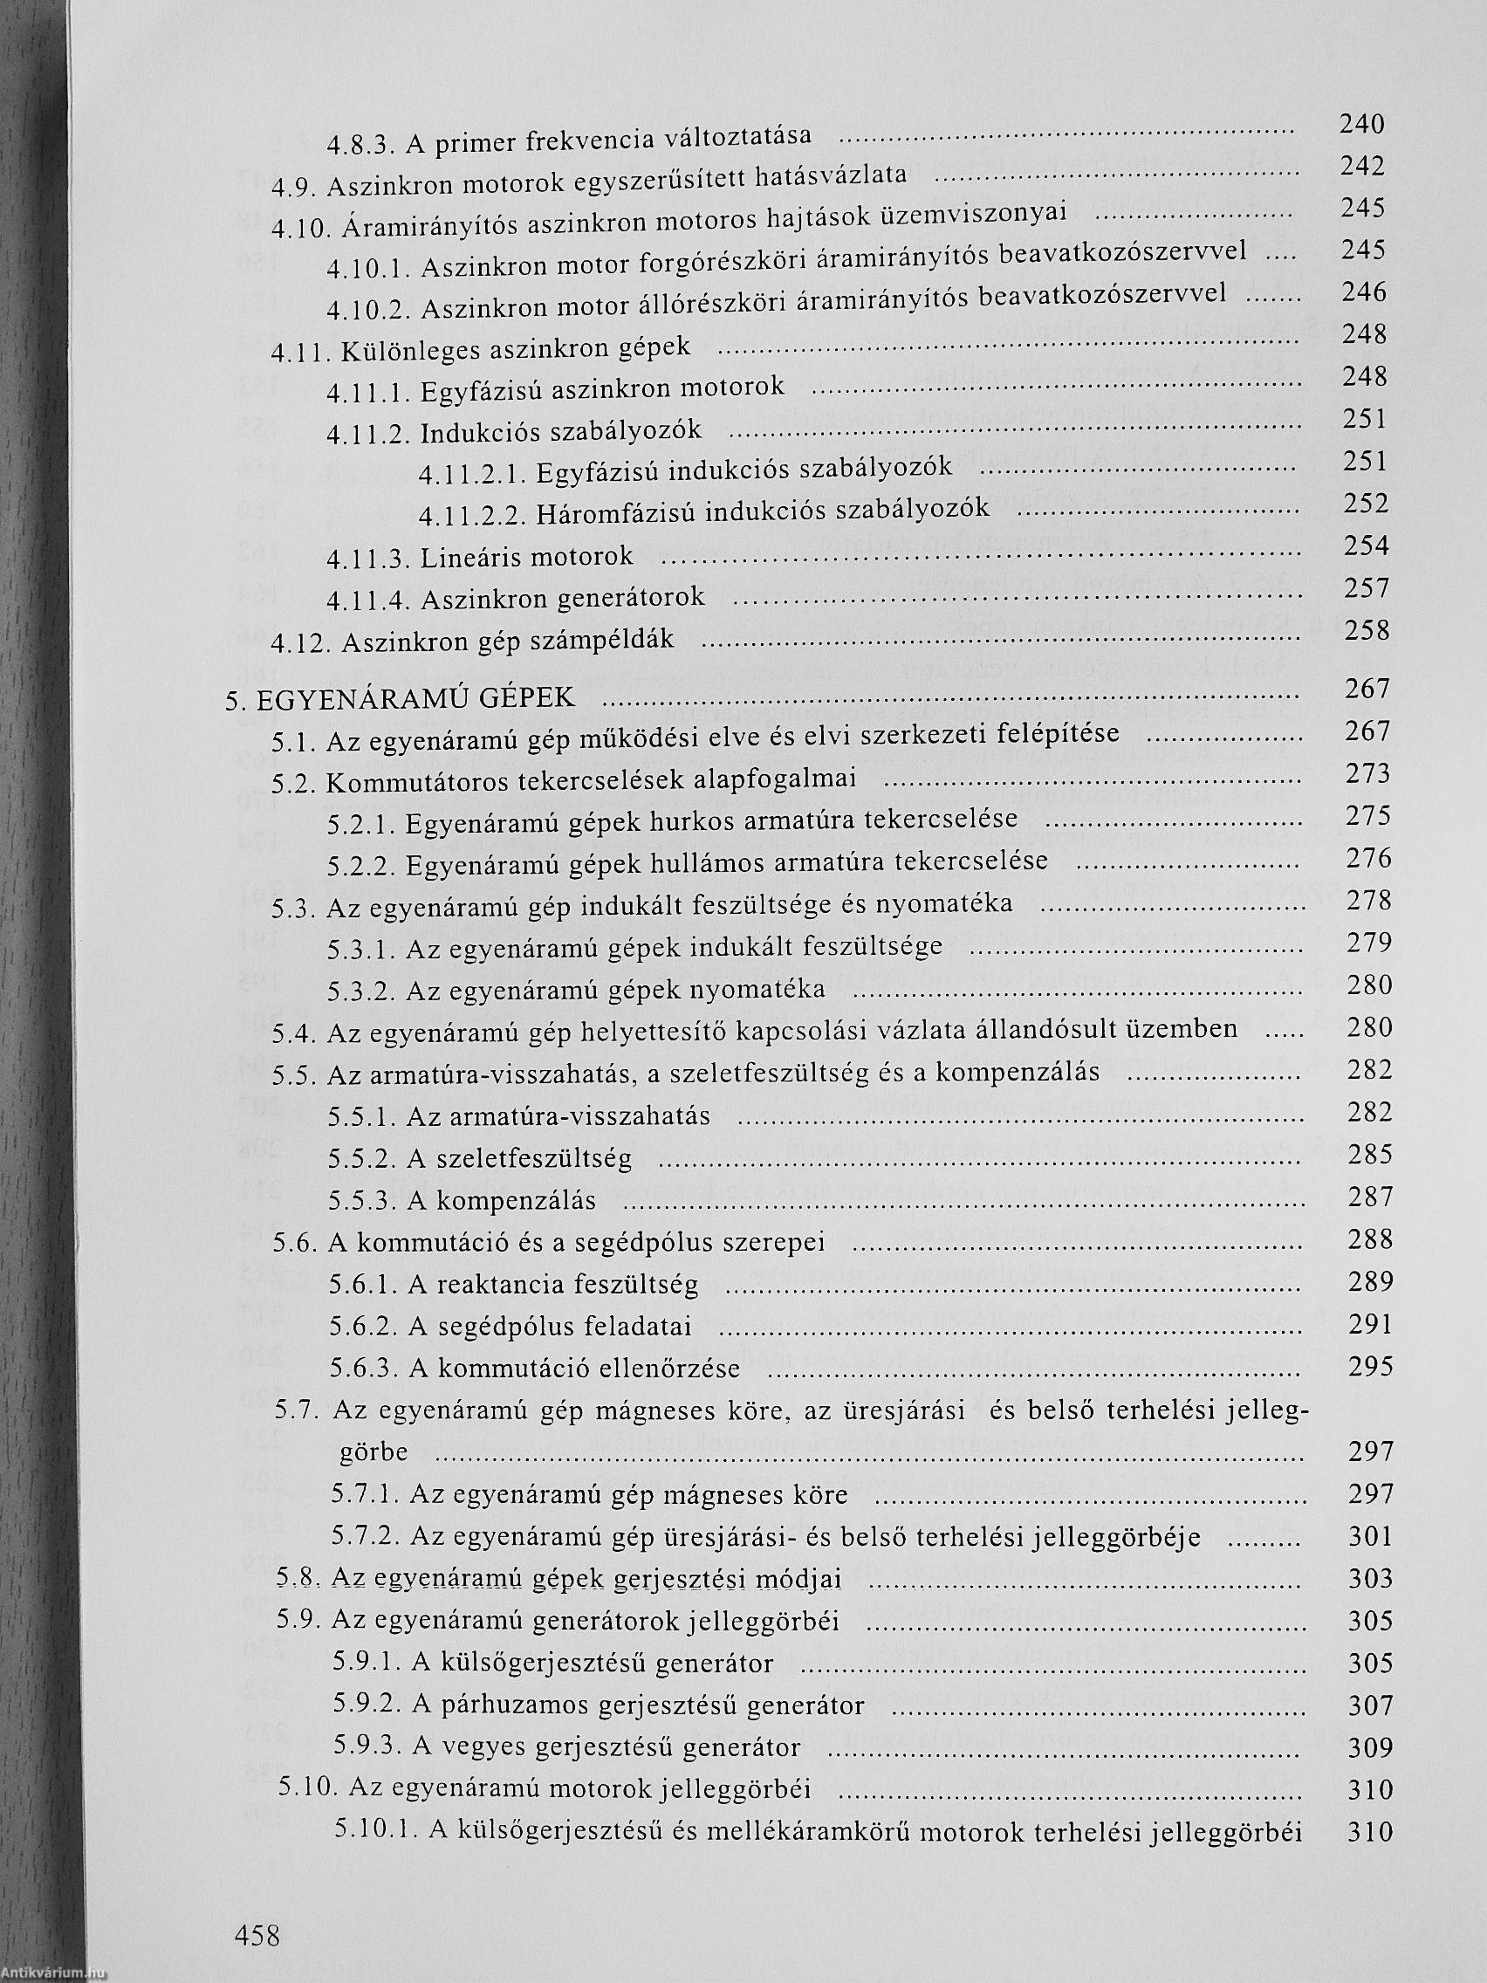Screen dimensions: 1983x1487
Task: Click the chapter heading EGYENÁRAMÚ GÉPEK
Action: click(415, 697)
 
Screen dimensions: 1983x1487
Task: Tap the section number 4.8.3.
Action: click(360, 143)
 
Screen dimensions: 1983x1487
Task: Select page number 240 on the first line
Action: click(1362, 124)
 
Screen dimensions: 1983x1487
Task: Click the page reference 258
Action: click(1367, 630)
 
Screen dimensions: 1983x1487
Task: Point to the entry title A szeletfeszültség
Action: click(520, 1158)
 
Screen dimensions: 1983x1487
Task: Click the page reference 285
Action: click(1369, 1155)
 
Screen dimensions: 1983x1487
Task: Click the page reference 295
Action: click(1370, 1366)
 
